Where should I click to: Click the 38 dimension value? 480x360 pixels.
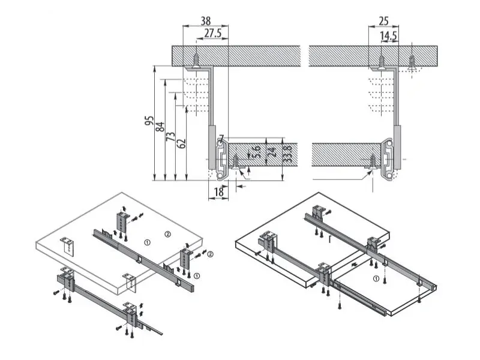click(206, 21)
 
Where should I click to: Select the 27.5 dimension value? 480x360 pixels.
click(213, 33)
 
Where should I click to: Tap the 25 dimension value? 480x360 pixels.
click(383, 21)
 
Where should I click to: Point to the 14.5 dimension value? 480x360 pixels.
click(388, 36)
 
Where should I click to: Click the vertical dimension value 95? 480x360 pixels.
click(149, 121)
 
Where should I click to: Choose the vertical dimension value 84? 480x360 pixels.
click(160, 127)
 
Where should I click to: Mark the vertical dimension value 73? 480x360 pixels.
click(170, 137)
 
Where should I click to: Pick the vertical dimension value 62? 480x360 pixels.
click(182, 143)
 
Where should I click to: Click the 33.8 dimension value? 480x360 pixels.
click(287, 154)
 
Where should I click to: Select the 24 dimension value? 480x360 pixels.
click(272, 152)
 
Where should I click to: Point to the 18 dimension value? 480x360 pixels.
click(218, 192)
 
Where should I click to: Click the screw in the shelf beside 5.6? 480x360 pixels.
click(236, 162)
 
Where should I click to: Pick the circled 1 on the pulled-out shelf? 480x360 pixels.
click(376, 278)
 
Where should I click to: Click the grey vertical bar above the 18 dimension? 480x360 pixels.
click(212, 147)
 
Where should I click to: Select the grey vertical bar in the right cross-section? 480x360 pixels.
click(397, 147)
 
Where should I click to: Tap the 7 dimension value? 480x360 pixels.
click(221, 138)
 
